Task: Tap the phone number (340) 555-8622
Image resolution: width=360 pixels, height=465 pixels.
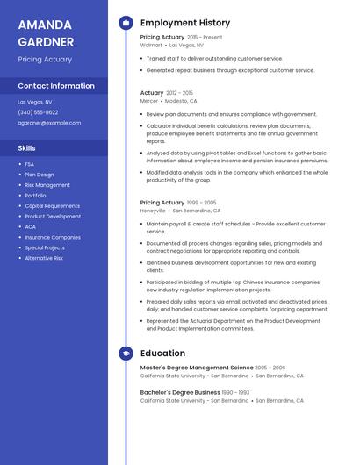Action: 38,112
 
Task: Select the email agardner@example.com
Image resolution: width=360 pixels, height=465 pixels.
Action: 49,123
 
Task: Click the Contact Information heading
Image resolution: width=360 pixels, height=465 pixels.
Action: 56,86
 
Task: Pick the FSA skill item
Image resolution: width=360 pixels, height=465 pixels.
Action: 30,164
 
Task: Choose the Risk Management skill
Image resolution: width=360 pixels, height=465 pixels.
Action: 47,185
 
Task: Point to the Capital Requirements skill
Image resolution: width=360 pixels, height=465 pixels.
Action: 52,206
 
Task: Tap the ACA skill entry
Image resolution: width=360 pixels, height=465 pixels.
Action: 30,226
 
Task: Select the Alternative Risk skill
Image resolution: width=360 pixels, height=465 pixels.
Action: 44,258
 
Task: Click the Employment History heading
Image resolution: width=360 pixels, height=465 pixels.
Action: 185,23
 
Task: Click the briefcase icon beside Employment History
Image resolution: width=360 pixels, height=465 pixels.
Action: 126,23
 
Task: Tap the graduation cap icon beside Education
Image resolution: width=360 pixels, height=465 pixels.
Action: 126,354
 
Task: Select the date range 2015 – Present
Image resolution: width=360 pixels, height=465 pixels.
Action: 205,38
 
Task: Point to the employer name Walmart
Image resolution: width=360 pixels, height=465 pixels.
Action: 151,45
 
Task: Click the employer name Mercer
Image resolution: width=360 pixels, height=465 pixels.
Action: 149,101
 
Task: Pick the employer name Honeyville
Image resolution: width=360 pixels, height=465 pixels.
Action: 153,211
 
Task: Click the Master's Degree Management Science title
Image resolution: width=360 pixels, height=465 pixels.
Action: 197,368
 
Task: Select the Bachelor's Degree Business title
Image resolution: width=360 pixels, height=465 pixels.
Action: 180,392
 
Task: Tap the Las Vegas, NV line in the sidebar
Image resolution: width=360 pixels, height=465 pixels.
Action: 35,102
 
